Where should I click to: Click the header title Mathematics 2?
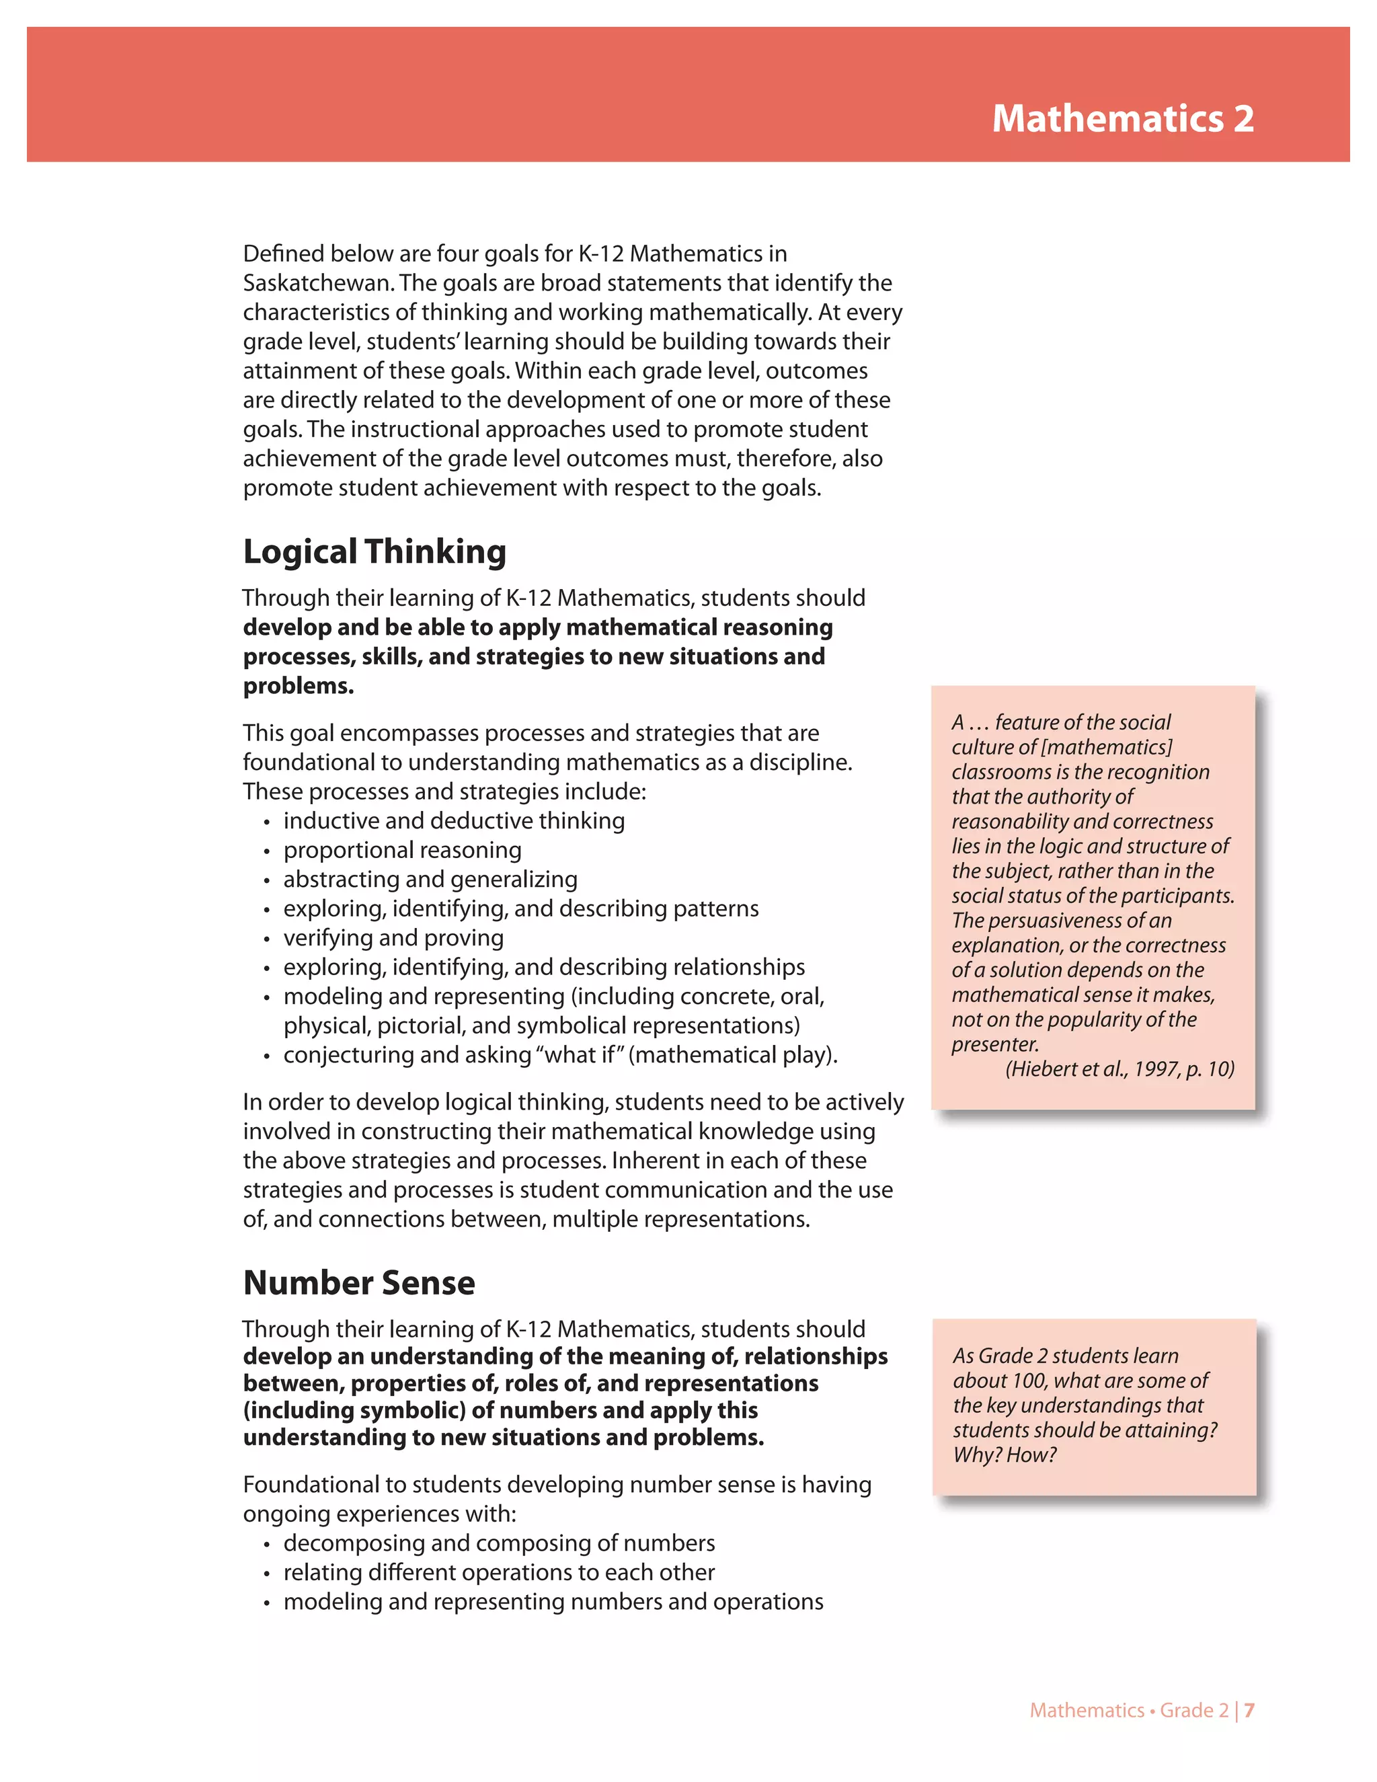1122,119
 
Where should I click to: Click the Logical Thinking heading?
375,552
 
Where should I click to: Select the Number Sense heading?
359,1282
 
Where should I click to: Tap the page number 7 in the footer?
1249,1710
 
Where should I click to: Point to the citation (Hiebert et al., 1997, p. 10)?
1119,1069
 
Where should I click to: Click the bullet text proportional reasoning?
402,850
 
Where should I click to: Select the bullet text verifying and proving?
393,937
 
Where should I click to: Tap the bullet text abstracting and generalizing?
430,880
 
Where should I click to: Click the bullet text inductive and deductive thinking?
454,821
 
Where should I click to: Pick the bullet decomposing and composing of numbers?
498,1543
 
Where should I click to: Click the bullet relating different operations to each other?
498,1572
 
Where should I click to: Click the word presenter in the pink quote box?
994,1044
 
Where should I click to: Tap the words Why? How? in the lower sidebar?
1005,1455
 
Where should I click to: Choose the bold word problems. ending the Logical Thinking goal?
298,686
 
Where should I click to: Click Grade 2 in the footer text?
1193,1710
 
